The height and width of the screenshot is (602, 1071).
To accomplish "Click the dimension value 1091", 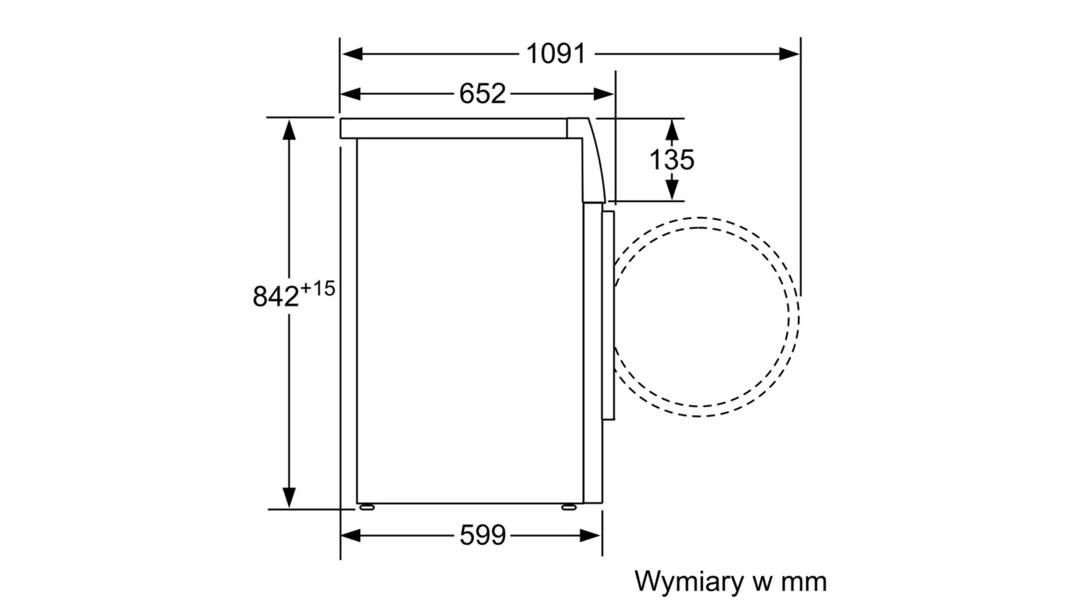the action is (556, 54).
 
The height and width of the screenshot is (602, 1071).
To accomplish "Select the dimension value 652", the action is (482, 94).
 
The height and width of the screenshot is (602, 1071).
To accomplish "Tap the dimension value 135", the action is (671, 160).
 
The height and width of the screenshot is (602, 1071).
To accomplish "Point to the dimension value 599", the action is (482, 535).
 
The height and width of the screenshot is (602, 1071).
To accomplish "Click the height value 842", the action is (275, 296).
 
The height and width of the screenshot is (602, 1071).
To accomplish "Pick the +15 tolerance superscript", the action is (317, 288).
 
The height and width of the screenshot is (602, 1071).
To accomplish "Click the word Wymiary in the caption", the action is (689, 582).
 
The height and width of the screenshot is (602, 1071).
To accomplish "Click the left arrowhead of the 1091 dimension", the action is (352, 54).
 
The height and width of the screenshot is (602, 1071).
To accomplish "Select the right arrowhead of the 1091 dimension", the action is (789, 54).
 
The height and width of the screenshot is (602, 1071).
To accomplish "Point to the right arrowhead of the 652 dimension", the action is (603, 94).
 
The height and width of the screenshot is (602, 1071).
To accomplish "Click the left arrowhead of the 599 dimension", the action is (351, 535).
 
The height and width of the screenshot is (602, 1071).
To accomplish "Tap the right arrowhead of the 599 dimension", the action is (590, 535).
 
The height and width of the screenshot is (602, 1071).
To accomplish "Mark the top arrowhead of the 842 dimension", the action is (289, 130).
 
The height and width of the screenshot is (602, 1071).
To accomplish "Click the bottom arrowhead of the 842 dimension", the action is (289, 498).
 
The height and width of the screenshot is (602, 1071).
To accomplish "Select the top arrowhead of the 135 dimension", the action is (672, 130).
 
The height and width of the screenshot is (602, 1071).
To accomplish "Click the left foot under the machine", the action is (367, 507).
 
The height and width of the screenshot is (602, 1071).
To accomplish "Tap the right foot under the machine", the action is (568, 507).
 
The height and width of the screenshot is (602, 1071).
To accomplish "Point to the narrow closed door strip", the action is (608, 315).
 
